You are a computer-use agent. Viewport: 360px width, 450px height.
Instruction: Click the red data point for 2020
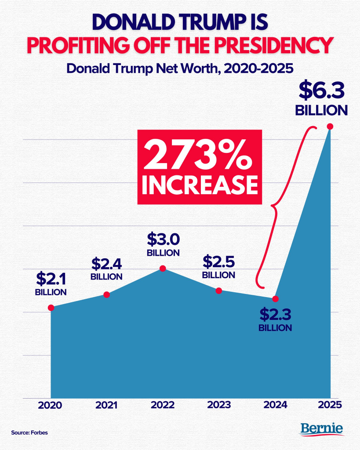[x=51, y=308]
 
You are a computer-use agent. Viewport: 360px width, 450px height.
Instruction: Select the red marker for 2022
[x=163, y=269]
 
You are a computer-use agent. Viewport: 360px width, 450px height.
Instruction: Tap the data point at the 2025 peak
[x=330, y=126]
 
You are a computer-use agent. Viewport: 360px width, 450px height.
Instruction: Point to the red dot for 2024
[x=275, y=299]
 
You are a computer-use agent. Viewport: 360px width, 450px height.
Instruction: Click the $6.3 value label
[x=321, y=91]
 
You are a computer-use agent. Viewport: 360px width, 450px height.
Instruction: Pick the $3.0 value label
[x=164, y=240]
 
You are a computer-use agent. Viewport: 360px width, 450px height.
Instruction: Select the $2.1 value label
[x=51, y=279]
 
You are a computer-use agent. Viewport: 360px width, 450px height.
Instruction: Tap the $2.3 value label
[x=275, y=314]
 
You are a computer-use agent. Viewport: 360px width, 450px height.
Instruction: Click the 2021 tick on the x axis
[x=106, y=405]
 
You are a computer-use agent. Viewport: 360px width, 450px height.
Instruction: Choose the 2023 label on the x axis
[x=219, y=405]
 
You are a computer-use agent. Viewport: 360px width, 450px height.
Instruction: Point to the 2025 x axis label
[x=330, y=405]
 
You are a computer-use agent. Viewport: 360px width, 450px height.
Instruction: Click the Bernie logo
[x=321, y=429]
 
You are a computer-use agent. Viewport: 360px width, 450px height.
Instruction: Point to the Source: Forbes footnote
[x=29, y=432]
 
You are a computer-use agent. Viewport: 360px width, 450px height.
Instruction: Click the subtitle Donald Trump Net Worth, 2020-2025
[x=180, y=69]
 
